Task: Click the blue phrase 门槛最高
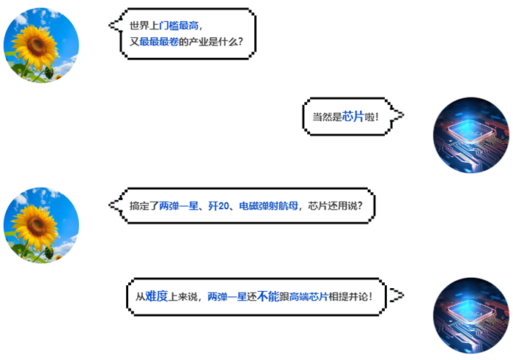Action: click(179, 26)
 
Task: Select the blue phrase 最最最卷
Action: click(159, 42)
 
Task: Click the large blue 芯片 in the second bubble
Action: click(353, 116)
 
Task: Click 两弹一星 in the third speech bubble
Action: click(179, 206)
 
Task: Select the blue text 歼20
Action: click(218, 206)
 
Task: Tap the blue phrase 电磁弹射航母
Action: click(269, 206)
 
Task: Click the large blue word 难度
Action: click(157, 296)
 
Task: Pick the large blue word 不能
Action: click(268, 296)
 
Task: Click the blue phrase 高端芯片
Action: click(309, 296)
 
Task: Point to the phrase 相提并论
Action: click(348, 296)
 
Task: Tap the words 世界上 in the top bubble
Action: click(144, 26)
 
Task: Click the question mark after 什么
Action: click(240, 42)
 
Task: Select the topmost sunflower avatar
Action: click(41, 45)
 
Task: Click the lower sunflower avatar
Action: click(41, 225)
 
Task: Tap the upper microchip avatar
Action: click(471, 135)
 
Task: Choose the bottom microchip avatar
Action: click(471, 315)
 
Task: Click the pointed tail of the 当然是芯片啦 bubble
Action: click(403, 115)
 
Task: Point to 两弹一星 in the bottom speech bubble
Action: click(227, 296)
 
